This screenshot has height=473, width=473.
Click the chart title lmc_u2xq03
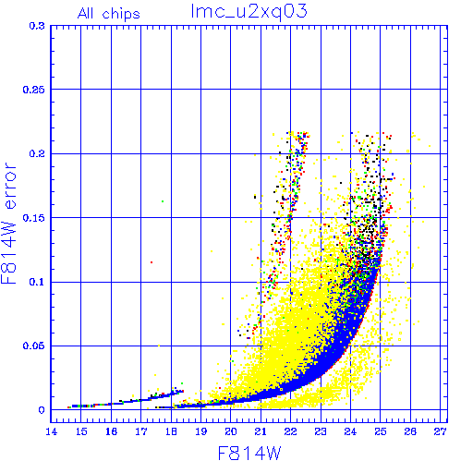[x=249, y=12]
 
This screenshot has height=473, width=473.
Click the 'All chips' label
[x=109, y=14]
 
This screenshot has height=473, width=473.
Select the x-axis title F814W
[x=249, y=454]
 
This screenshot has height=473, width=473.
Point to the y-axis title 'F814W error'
[x=8, y=224]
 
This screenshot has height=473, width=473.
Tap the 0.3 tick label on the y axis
[x=37, y=26]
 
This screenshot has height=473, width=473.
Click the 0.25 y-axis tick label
[x=34, y=90]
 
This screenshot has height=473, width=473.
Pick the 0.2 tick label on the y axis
[x=37, y=153]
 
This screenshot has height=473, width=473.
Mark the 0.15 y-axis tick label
[x=34, y=218]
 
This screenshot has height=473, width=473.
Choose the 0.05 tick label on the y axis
[x=34, y=346]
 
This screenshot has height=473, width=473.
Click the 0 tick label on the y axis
[x=42, y=410]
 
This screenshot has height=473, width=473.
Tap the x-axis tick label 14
[x=51, y=431]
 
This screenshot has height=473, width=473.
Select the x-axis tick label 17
[x=141, y=431]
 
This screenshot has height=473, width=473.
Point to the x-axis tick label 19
[x=201, y=431]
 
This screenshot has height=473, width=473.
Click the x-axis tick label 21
[x=261, y=431]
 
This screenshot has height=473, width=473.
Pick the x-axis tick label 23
[x=321, y=431]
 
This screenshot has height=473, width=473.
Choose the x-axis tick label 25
[x=381, y=431]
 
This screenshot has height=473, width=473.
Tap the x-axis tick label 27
[x=441, y=431]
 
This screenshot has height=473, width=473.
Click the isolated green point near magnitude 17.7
[x=163, y=201]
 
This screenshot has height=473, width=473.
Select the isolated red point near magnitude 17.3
[x=152, y=262]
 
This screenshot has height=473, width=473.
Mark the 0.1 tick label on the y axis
[x=37, y=282]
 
